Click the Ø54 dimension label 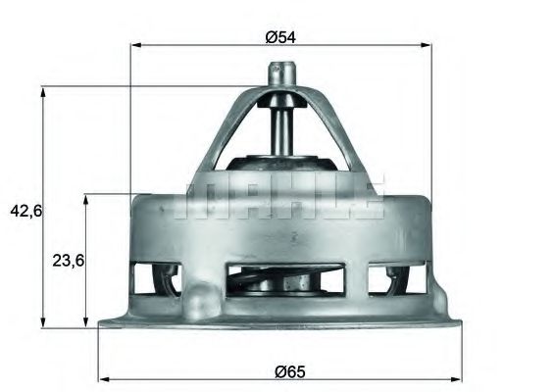point(280,37)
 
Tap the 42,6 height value point(22,210)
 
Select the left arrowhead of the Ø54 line point(136,45)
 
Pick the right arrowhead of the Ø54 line point(428,45)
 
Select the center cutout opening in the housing point(280,279)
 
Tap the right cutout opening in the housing point(397,278)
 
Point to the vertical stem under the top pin point(281,127)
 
